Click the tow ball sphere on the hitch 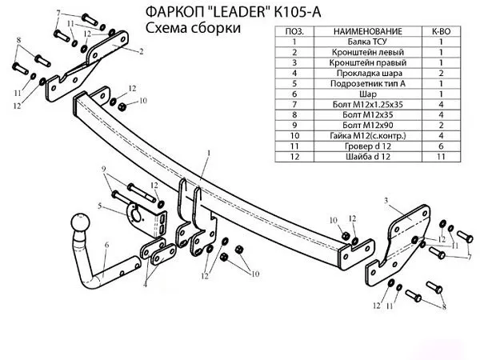81,222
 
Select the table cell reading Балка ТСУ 367,42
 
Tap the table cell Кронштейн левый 367,52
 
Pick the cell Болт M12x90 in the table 367,125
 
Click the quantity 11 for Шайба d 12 441,157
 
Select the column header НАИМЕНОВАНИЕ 367,31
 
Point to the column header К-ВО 441,31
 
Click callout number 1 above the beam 209,152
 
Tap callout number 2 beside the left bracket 141,51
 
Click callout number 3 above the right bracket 386,201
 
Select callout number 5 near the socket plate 100,206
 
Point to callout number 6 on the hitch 106,245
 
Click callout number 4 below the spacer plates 145,284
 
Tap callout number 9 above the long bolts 104,168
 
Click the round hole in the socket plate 135,214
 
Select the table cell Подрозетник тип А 367,83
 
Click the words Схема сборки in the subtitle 193,28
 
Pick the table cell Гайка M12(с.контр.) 367,135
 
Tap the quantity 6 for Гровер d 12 441,146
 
